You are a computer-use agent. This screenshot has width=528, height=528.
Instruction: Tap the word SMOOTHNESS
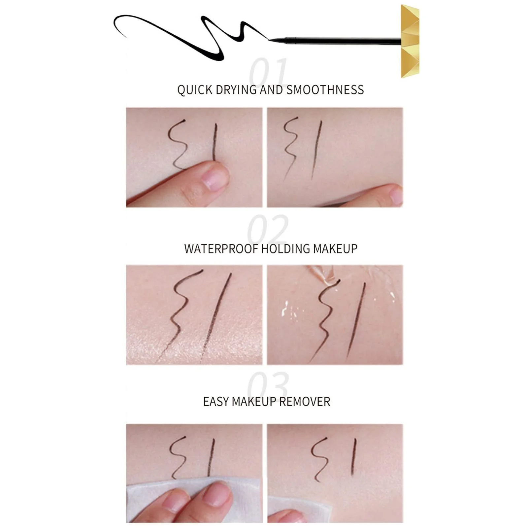[325, 90]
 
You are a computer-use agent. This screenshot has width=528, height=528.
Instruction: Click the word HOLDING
[285, 249]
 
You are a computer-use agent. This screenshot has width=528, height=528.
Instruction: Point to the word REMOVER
[305, 402]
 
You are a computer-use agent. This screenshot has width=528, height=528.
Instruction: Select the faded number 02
[268, 229]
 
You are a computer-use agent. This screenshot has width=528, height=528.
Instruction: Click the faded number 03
[268, 384]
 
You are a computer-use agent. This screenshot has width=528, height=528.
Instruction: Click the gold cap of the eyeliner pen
[410, 41]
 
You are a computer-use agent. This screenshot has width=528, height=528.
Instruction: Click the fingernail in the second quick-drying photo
[396, 196]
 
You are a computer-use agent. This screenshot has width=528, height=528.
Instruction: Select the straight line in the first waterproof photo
[215, 317]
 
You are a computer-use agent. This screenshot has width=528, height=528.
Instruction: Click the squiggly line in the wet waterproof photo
[325, 320]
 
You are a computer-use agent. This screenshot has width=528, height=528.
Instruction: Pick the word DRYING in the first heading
[236, 90]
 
